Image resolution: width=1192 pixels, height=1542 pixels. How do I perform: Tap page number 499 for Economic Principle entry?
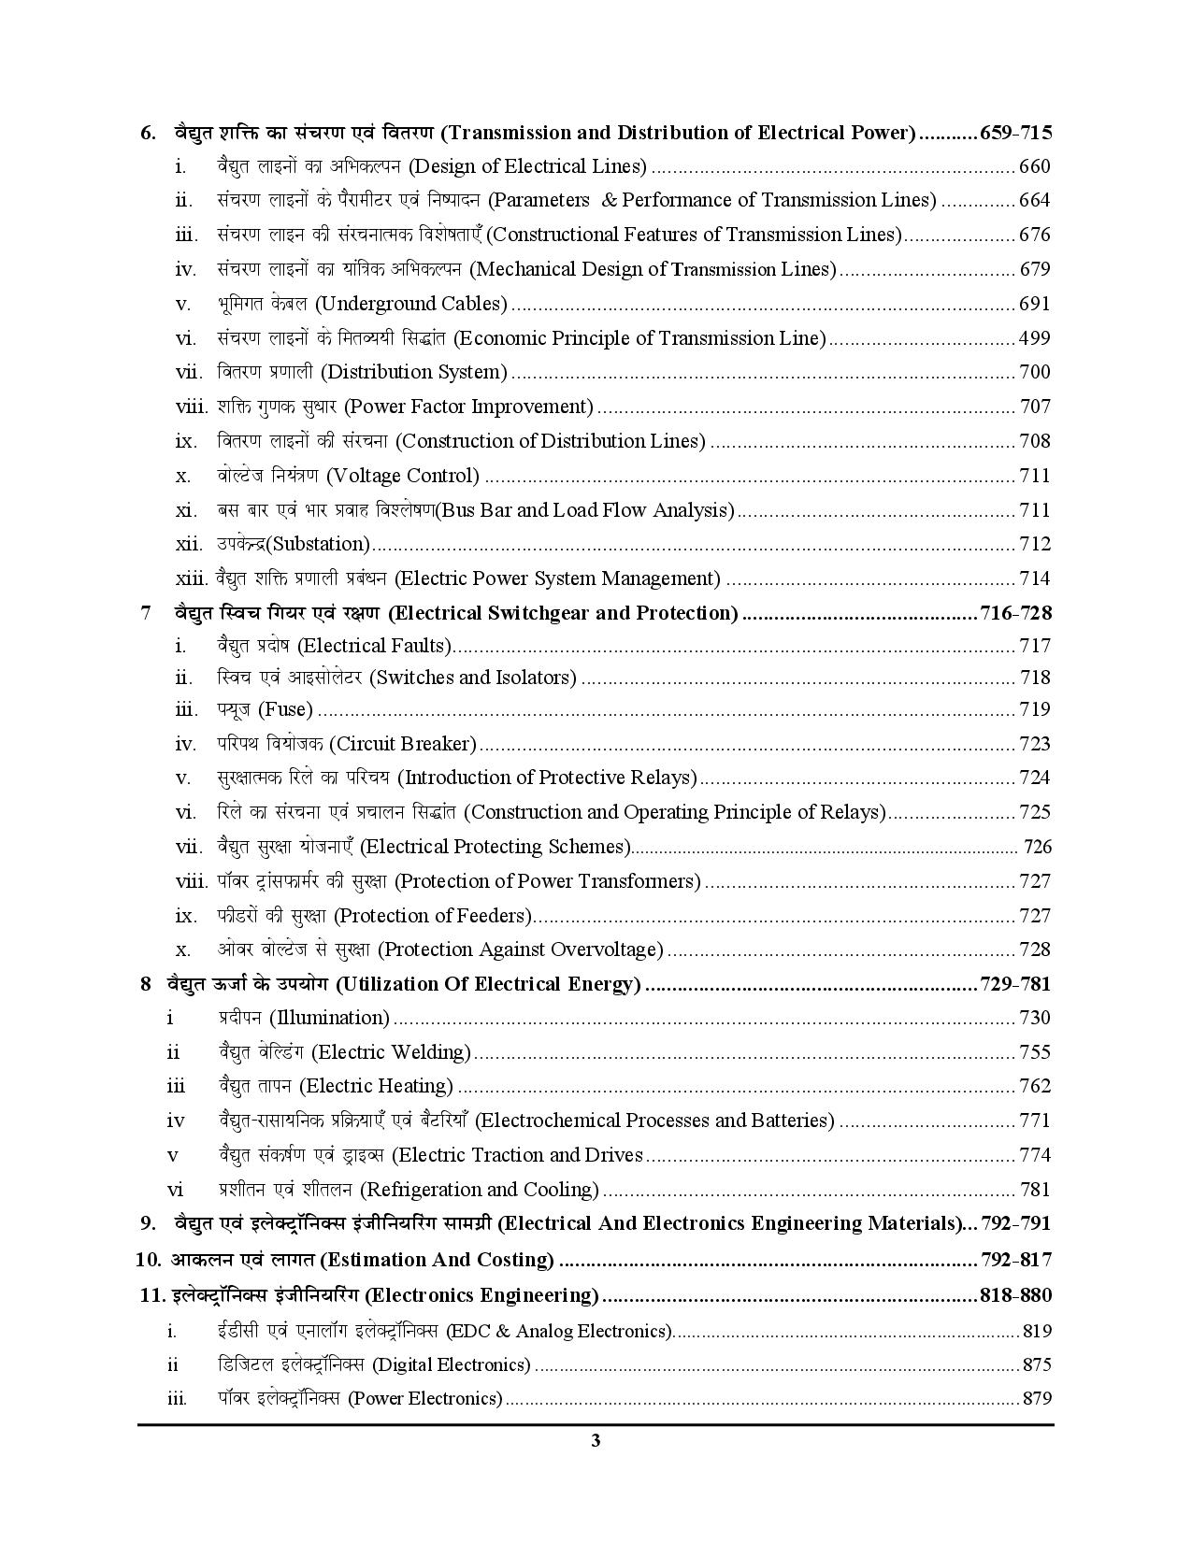1035,338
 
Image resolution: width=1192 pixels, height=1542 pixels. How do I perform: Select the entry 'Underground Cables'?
414,304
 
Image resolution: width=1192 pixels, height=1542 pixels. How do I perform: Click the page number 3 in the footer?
596,1440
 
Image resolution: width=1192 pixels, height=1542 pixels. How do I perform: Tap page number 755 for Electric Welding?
1035,1052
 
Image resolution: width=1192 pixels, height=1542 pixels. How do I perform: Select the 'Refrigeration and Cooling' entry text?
480,1190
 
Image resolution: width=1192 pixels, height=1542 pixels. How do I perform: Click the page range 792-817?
1015,1260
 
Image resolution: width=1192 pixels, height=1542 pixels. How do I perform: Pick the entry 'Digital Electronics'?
452,1364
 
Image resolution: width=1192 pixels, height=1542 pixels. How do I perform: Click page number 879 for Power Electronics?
1036,1399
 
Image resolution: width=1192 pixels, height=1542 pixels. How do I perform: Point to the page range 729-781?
1015,984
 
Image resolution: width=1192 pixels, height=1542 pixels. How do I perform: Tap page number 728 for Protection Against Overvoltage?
1035,949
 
